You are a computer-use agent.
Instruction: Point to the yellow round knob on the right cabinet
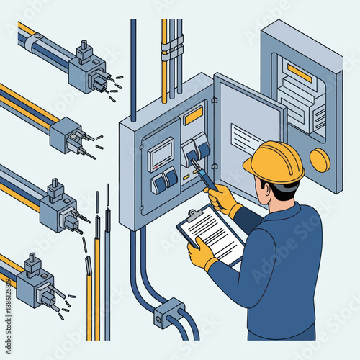(x=319, y=160)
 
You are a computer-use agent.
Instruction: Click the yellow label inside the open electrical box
(x=193, y=115)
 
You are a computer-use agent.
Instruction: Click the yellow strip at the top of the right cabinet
(x=299, y=73)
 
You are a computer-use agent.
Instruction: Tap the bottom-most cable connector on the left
(x=34, y=282)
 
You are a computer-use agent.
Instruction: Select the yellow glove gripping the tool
(x=223, y=197)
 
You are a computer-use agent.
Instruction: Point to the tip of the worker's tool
(x=192, y=161)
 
